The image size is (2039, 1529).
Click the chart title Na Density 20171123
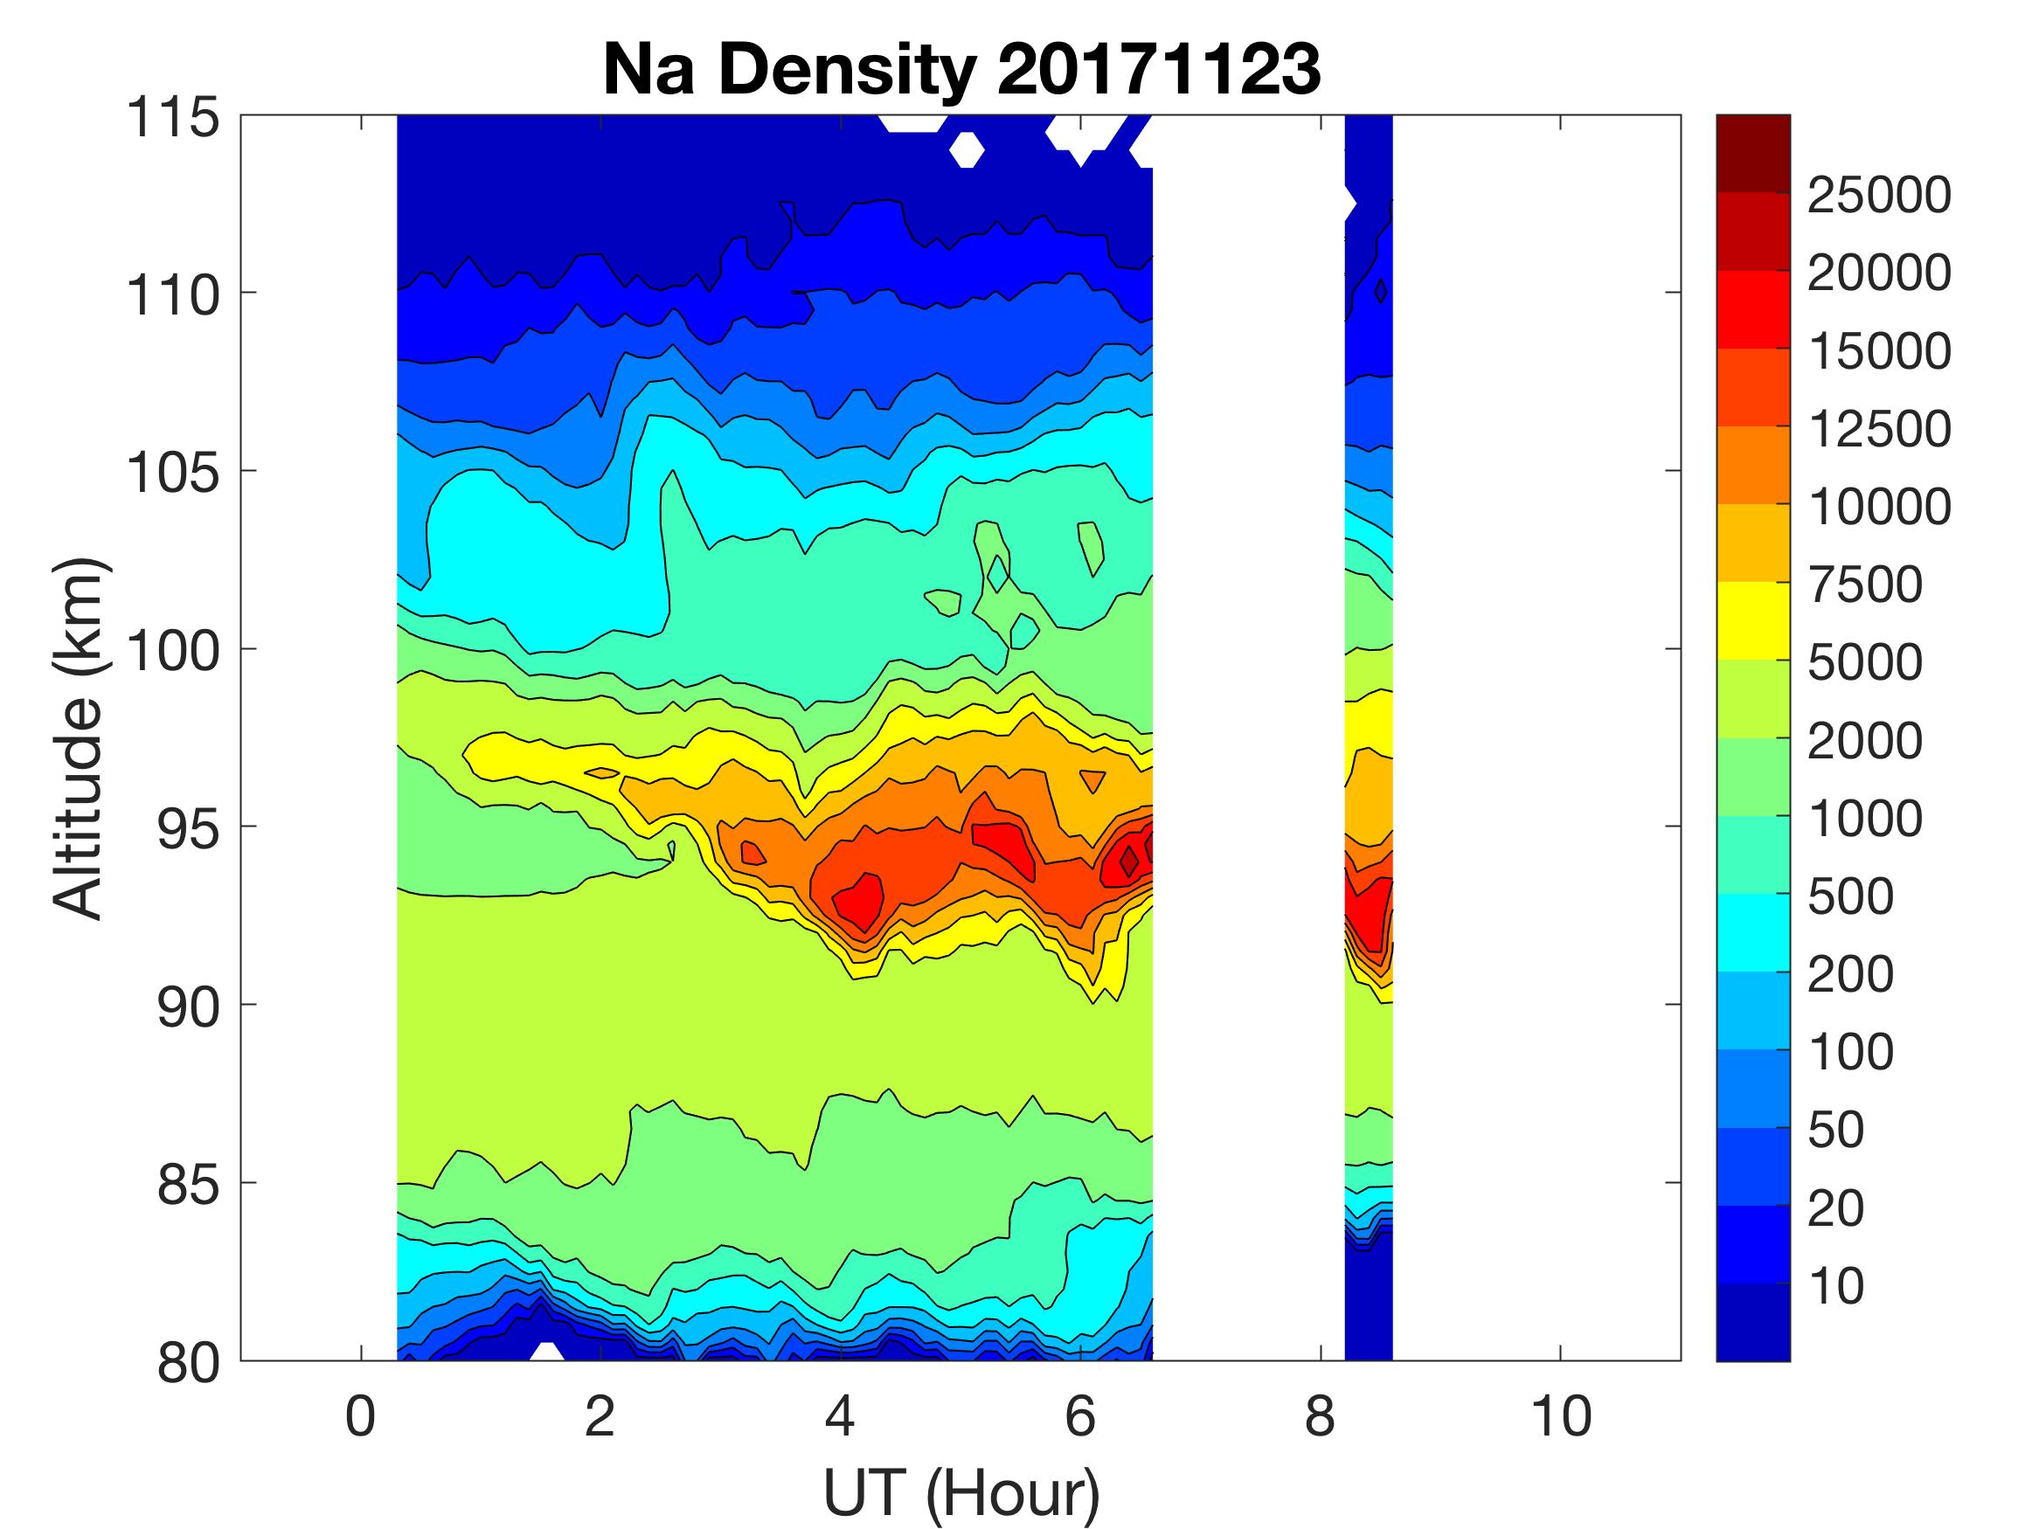(x=961, y=70)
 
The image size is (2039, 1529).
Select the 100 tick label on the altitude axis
(x=172, y=651)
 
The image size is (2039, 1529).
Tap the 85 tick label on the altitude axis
(x=188, y=1184)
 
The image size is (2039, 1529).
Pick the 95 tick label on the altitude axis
(x=188, y=828)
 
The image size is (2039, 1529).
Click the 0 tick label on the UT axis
(x=360, y=1415)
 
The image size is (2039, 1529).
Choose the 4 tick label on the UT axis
(x=840, y=1415)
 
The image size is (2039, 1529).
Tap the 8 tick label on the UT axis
(x=1320, y=1415)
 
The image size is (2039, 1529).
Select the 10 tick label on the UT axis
(x=1561, y=1415)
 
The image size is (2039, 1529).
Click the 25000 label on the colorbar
(x=1878, y=196)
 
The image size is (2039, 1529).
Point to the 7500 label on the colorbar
(x=1865, y=585)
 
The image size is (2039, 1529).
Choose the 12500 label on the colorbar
(x=1878, y=429)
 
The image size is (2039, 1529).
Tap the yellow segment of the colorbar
(x=1752, y=620)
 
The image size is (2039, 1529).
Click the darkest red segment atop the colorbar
(x=1752, y=153)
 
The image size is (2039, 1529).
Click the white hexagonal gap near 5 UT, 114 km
(x=965, y=149)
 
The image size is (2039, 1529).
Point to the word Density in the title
(x=845, y=70)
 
